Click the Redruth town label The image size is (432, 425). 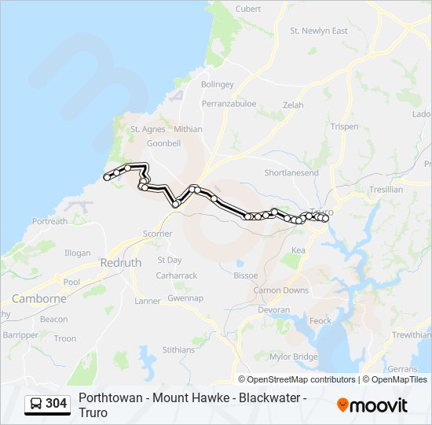click(x=121, y=263)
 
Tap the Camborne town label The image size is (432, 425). click(x=39, y=299)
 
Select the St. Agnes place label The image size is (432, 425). click(x=146, y=129)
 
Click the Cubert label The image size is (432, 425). click(x=248, y=9)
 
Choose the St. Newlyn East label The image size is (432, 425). click(x=319, y=31)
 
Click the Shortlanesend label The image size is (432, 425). click(x=291, y=172)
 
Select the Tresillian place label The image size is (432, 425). click(x=386, y=190)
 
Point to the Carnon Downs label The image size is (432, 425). click(x=281, y=290)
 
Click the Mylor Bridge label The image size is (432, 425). click(x=294, y=357)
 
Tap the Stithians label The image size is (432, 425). click(x=178, y=349)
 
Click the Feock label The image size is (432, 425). click(x=320, y=321)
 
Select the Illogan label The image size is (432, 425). click(x=78, y=253)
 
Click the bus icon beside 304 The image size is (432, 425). click(x=36, y=404)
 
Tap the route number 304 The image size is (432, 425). click(x=57, y=404)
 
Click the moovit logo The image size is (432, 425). click(x=372, y=405)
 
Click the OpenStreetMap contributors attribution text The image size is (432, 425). click(x=301, y=379)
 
